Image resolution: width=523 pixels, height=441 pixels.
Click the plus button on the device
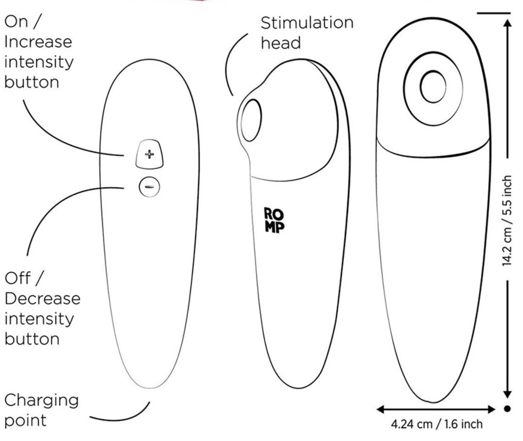pos(149,154)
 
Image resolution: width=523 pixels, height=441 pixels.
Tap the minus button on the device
pos(149,187)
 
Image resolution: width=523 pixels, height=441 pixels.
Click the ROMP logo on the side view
pos(274,220)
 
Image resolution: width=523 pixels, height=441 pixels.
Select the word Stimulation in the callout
pos(307,23)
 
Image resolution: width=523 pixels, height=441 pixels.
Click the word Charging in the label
pos(41,401)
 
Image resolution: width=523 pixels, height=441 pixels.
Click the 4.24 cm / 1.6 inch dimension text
pos(437,424)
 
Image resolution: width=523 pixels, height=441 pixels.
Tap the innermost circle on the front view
pos(433,87)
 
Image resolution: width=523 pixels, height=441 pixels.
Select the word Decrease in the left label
pos(43,299)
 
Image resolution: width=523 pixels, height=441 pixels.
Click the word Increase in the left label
pos(38,42)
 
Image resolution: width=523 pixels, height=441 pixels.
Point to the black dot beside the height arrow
pos(508,409)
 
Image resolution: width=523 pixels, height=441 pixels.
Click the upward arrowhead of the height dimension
pos(508,24)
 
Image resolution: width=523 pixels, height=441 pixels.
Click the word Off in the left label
pos(18,278)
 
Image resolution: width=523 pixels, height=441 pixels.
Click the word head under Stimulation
pos(281,43)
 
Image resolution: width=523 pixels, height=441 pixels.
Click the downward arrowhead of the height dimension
pos(508,394)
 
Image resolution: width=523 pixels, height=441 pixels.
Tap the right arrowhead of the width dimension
pos(491,409)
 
